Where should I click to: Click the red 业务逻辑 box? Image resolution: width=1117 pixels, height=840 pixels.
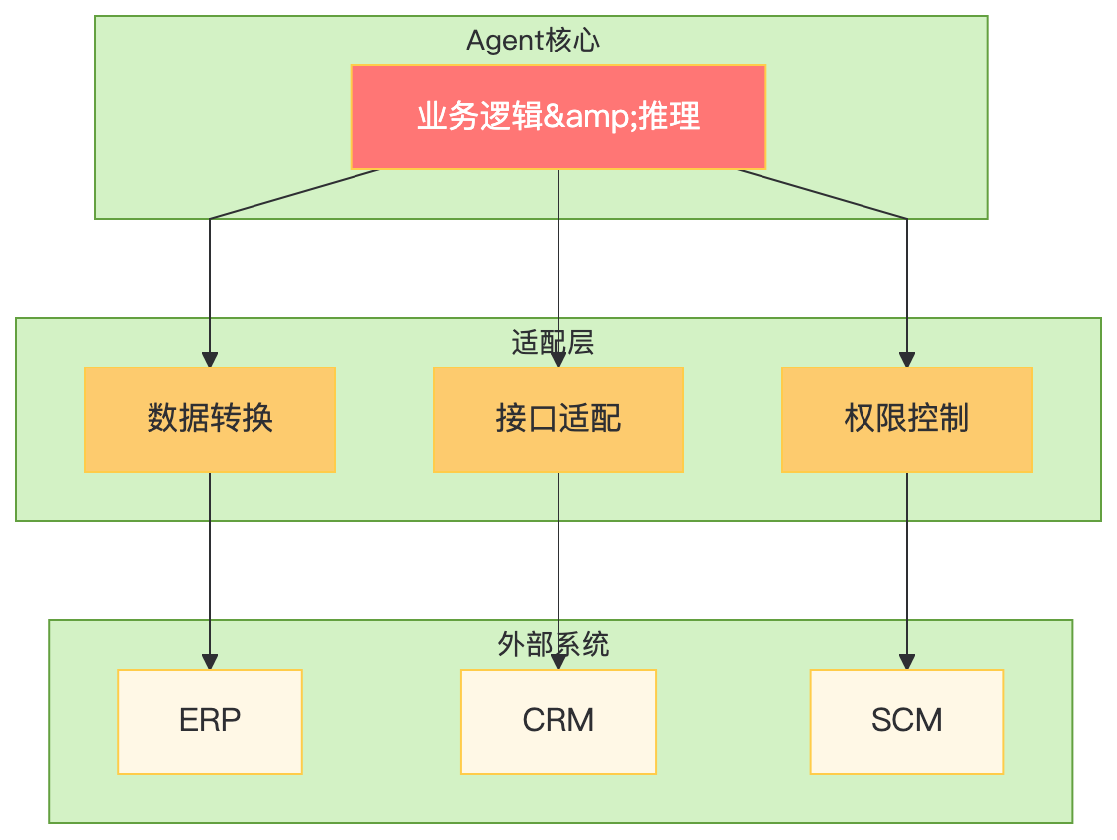click(x=558, y=117)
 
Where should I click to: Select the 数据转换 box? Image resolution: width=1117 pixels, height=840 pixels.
click(x=210, y=419)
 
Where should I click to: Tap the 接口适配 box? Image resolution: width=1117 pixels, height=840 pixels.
click(x=558, y=419)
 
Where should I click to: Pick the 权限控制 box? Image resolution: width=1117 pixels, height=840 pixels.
click(x=906, y=419)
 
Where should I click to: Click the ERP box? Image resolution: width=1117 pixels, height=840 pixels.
click(x=210, y=721)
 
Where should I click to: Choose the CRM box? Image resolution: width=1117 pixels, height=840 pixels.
click(x=558, y=721)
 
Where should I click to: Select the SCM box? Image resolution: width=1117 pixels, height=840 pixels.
click(x=906, y=721)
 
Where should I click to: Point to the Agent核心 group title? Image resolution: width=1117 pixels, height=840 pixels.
click(x=534, y=41)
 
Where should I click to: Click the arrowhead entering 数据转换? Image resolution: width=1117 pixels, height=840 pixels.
click(x=210, y=360)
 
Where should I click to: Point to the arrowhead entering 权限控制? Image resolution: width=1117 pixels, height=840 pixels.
click(x=907, y=360)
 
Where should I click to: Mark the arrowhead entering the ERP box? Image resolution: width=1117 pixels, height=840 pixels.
click(x=210, y=662)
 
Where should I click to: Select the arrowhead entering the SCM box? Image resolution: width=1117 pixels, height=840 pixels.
click(x=907, y=662)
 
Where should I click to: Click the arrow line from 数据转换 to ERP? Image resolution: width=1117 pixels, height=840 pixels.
click(x=210, y=565)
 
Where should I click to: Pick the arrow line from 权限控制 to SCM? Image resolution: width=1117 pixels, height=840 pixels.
click(x=907, y=565)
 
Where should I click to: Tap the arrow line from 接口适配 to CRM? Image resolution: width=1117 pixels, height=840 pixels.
click(x=558, y=565)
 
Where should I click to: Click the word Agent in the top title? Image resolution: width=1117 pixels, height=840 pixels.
click(x=505, y=42)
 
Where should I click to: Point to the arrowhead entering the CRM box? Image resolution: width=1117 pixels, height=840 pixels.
click(x=558, y=663)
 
